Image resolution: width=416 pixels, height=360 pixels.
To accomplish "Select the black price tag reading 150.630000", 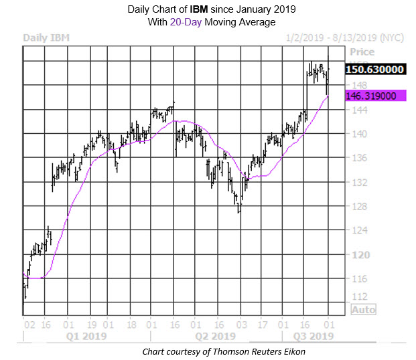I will pos(375,69).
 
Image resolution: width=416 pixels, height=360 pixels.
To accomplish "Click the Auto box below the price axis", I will pos(362,310).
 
